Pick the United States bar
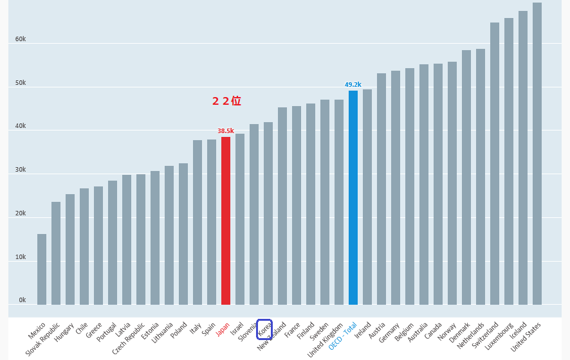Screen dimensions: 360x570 (x=537, y=154)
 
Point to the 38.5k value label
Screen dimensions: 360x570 (x=226, y=131)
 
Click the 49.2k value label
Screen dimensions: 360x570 (x=353, y=84)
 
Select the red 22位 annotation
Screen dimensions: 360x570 (x=226, y=101)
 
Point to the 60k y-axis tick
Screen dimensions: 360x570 (x=21, y=39)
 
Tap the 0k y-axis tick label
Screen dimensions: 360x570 (x=22, y=300)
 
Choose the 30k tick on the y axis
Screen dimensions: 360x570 (x=21, y=170)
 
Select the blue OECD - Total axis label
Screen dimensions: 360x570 (x=343, y=336)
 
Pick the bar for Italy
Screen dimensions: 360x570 (x=198, y=222)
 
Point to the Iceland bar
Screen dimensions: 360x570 (x=523, y=157)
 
